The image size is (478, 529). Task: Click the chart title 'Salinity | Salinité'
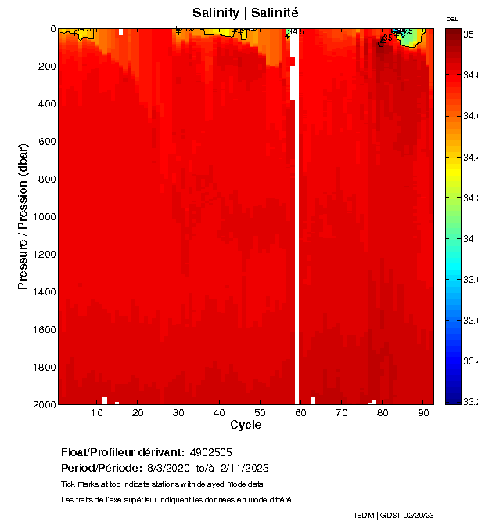point(245,13)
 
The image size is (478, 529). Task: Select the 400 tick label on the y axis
point(48,104)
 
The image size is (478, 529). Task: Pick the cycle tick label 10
point(98,412)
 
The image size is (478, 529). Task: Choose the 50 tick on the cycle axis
point(260,412)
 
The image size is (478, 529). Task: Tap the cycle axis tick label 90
point(422,412)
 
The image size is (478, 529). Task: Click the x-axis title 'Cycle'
point(246,426)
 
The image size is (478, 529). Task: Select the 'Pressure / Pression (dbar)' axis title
point(23,216)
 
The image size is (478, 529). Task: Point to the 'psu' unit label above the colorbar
point(452,19)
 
